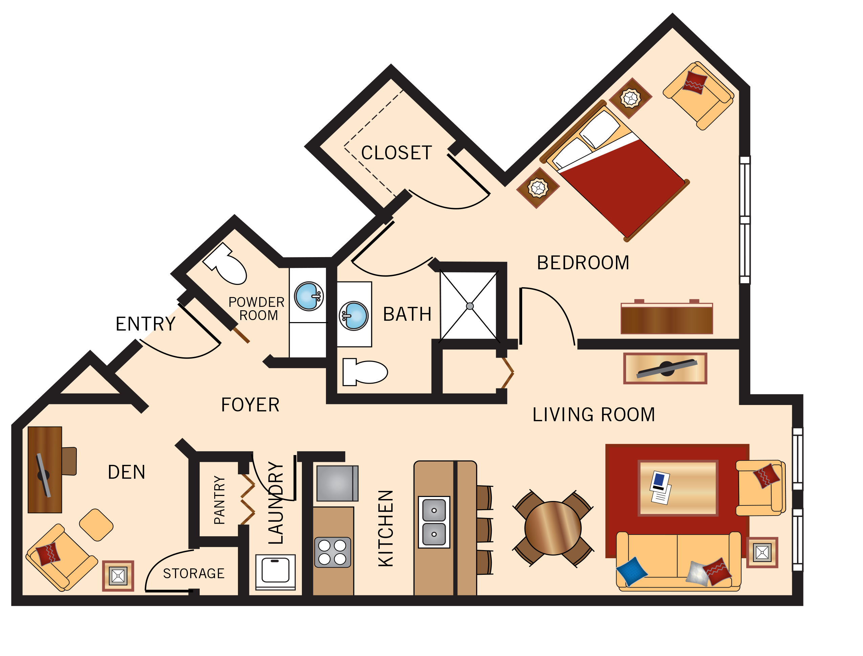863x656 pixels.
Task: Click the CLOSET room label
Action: (396, 153)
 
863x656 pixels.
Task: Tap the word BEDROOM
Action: (583, 263)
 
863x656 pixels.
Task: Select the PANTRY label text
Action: (219, 500)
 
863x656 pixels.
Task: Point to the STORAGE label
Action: (194, 573)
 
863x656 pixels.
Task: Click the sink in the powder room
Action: (309, 296)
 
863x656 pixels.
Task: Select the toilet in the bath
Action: (365, 372)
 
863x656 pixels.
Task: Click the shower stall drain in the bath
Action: (470, 307)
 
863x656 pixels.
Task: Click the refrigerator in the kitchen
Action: (337, 483)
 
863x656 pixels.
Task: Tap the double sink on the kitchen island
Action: (434, 522)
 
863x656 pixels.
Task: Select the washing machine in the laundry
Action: (275, 571)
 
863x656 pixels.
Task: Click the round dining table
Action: (553, 528)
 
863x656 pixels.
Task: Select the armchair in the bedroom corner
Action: (698, 96)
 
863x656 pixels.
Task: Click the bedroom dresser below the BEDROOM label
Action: (667, 319)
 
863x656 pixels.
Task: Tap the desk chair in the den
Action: (69, 461)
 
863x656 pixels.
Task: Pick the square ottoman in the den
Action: (96, 525)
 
